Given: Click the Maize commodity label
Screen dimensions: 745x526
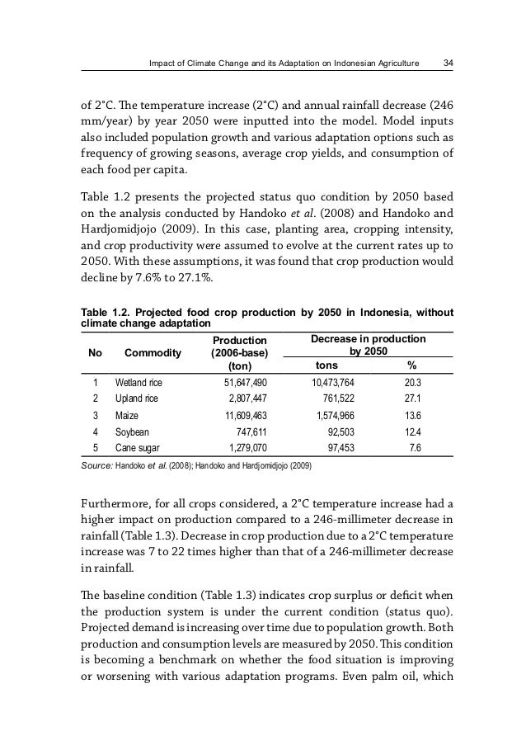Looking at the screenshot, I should pos(127,417).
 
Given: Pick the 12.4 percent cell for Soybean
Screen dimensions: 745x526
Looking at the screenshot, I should pos(413,432).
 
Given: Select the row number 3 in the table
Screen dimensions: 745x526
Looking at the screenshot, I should pos(95,417).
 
